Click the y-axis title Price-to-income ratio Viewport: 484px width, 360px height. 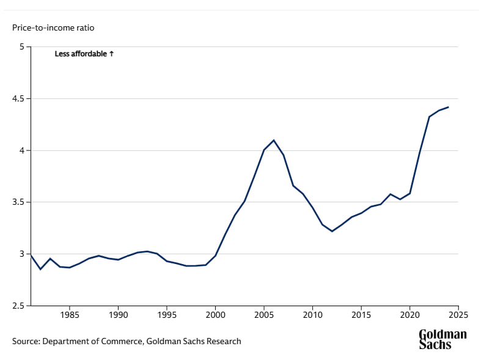pyautogui.click(x=53, y=28)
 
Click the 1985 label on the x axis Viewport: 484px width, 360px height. pyautogui.click(x=70, y=316)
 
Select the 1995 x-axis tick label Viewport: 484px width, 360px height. pyautogui.click(x=167, y=316)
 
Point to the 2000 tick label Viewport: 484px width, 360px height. pyautogui.click(x=215, y=316)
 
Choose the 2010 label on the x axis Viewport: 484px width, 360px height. pyautogui.click(x=312, y=316)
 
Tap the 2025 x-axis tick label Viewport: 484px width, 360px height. pyautogui.click(x=458, y=316)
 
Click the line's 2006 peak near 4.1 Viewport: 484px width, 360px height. pyautogui.click(x=274, y=140)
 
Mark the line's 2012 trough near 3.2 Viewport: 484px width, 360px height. pyautogui.click(x=332, y=231)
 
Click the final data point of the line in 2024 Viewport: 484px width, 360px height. pyautogui.click(x=449, y=108)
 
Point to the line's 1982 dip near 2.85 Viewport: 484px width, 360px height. pyautogui.click(x=40, y=269)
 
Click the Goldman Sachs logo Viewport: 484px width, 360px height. pyautogui.click(x=442, y=339)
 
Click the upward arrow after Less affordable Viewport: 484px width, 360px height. pyautogui.click(x=111, y=54)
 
